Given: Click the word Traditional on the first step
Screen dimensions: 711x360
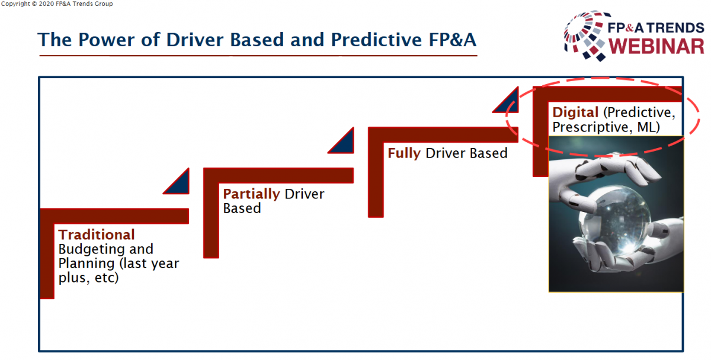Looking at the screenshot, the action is click(x=97, y=234).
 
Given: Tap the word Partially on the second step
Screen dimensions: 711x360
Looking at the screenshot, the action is click(x=251, y=194).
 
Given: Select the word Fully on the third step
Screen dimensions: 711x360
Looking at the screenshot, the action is click(x=404, y=153).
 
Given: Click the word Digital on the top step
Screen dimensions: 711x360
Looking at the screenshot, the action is click(x=575, y=112).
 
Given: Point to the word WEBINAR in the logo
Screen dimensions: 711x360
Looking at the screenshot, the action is click(x=656, y=46).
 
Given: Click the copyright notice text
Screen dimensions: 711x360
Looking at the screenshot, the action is click(x=57, y=4).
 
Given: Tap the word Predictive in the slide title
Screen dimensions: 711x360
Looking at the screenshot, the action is click(x=377, y=40).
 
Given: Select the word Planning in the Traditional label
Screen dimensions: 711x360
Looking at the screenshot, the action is click(x=87, y=264).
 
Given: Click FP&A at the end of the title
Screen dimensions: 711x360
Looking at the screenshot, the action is click(x=452, y=40).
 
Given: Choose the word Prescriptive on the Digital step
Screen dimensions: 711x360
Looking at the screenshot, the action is click(x=590, y=127).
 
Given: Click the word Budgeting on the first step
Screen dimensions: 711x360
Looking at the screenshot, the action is click(x=91, y=250).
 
